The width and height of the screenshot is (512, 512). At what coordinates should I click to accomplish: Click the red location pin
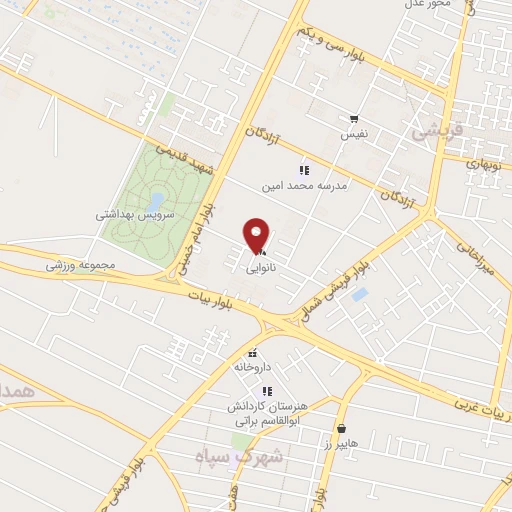(x=258, y=236)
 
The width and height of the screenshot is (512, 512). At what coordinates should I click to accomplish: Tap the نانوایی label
(x=263, y=268)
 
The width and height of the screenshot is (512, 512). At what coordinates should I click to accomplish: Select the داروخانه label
(x=253, y=367)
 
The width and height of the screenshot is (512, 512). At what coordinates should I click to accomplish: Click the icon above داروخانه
(x=253, y=353)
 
